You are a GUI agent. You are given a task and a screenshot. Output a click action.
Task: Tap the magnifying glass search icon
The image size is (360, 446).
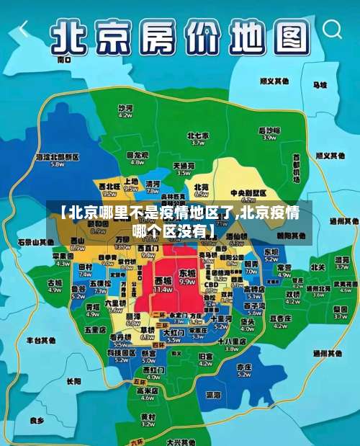333,30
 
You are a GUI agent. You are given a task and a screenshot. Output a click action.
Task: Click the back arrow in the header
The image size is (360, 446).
24,30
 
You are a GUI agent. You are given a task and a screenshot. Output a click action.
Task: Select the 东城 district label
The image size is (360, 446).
187,275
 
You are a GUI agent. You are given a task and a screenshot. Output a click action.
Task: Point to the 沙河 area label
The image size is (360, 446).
125,110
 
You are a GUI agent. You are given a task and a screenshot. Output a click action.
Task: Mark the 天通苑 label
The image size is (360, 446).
184,168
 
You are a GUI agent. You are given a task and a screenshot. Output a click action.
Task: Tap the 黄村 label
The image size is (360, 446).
148,419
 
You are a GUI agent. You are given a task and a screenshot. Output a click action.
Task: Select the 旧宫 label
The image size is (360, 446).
205,358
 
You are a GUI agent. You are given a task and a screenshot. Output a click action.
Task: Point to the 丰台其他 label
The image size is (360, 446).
40,339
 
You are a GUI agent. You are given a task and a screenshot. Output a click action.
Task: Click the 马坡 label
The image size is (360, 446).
320,84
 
